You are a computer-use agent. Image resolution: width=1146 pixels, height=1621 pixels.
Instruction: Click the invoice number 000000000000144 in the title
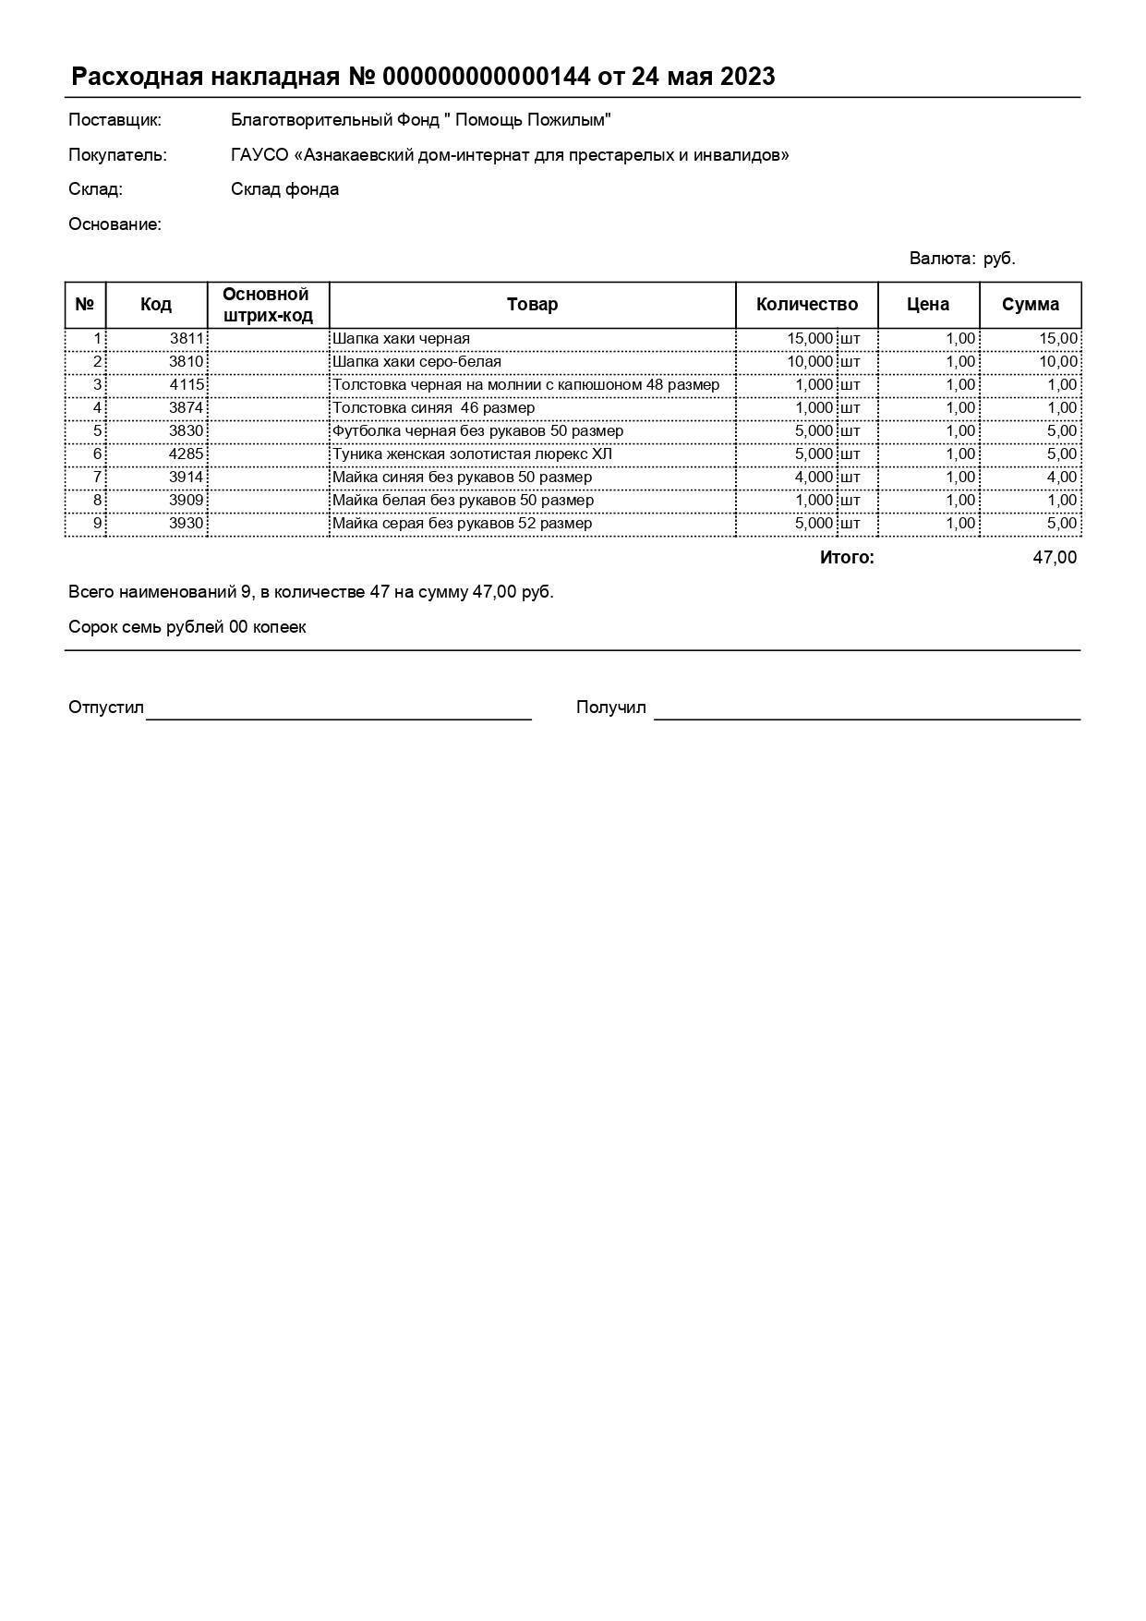click(x=486, y=77)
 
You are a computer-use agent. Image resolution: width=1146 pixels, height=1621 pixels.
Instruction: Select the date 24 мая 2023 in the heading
click(x=703, y=77)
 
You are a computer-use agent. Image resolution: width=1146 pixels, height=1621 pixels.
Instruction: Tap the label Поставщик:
click(x=115, y=120)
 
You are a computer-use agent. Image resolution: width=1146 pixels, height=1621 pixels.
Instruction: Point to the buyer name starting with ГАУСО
click(x=510, y=155)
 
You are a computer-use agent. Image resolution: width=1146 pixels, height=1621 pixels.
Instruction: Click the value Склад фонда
click(x=284, y=189)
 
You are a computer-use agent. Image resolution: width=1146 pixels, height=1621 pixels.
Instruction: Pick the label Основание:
click(x=115, y=224)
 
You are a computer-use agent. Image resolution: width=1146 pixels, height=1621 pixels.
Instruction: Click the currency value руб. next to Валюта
click(x=999, y=259)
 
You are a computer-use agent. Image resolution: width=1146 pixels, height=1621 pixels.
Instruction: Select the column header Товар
click(x=532, y=305)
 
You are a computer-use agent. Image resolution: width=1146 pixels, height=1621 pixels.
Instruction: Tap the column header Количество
click(x=806, y=305)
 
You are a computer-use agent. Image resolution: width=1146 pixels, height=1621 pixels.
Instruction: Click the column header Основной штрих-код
click(x=267, y=305)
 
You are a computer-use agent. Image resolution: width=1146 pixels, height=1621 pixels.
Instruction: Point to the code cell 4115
click(x=187, y=384)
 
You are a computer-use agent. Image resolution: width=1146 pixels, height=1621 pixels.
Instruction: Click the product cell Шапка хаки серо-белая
click(x=416, y=361)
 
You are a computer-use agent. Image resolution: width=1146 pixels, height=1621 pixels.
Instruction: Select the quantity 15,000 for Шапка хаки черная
click(x=810, y=338)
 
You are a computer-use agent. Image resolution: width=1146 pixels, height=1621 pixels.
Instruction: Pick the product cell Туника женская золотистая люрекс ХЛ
click(x=472, y=454)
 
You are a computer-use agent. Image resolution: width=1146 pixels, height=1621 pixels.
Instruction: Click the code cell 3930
click(x=187, y=523)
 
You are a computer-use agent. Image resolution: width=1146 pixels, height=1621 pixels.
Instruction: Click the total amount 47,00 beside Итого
click(x=1054, y=557)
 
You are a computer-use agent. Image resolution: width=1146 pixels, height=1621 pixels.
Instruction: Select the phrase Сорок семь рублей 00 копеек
click(x=187, y=627)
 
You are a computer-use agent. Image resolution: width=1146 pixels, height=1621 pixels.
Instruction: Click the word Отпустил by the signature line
click(x=106, y=708)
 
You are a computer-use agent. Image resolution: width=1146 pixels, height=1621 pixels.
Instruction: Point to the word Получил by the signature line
click(x=610, y=708)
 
